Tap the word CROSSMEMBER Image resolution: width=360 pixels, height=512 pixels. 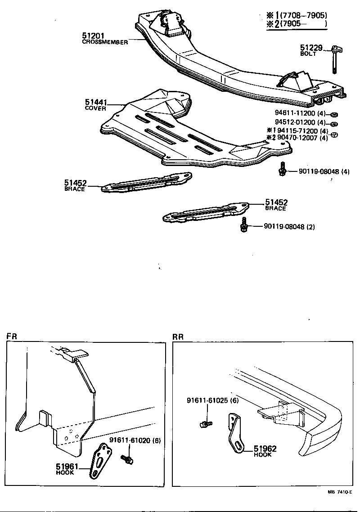(x=105, y=42)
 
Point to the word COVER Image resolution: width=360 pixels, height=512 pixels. (x=95, y=109)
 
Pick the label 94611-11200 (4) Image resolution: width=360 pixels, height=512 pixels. (x=300, y=113)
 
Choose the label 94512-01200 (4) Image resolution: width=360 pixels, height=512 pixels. (x=300, y=123)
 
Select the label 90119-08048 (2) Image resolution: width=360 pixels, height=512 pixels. (x=289, y=227)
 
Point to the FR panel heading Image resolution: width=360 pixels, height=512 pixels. (x=11, y=336)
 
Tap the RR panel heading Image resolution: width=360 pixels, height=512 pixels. (x=177, y=336)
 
